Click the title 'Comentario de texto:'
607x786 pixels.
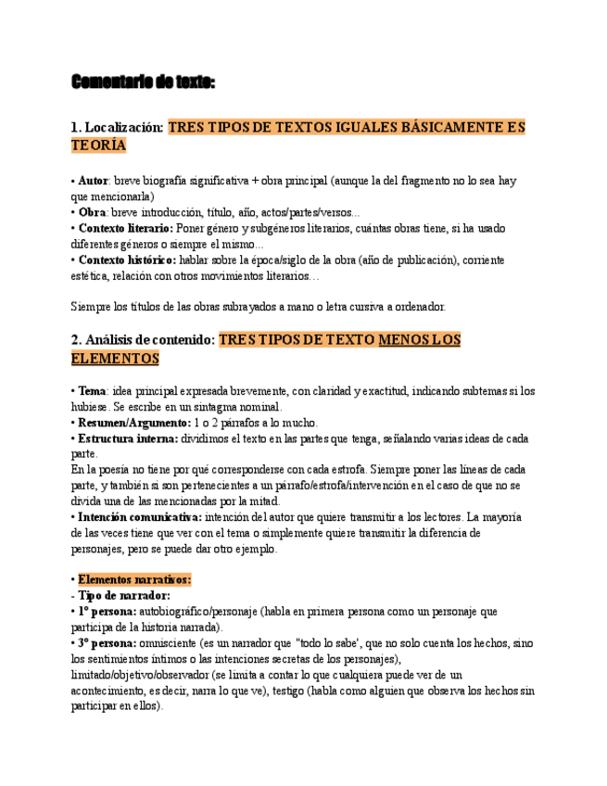point(143,84)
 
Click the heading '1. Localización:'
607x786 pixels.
point(117,127)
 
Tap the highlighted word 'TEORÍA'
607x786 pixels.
point(98,146)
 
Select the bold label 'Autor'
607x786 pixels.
point(93,180)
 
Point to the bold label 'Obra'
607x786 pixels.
point(92,212)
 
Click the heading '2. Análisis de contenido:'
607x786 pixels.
point(143,340)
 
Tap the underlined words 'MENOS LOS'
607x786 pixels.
point(420,340)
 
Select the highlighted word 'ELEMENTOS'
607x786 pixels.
point(115,359)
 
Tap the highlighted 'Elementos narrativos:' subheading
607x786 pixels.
point(134,579)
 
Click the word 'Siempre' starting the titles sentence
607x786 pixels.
point(91,306)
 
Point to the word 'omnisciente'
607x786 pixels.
point(171,643)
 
